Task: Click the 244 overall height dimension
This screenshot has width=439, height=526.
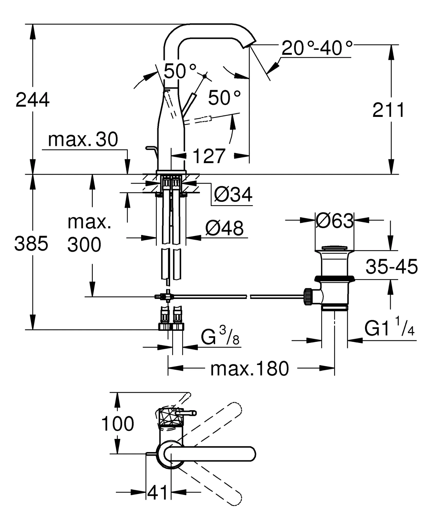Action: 33,100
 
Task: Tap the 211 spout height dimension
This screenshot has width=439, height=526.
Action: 388,110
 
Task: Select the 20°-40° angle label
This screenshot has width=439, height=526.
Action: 317,48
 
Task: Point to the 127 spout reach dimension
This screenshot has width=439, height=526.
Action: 209,156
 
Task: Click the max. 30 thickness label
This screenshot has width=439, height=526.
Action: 83,139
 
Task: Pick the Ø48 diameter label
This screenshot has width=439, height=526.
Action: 224,228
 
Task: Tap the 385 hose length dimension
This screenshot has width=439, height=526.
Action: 31,243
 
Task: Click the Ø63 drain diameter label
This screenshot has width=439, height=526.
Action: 334,221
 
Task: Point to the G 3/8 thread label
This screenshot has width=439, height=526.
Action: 220,337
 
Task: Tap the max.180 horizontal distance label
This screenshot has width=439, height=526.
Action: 250,369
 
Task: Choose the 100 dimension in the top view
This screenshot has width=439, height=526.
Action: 117,424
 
